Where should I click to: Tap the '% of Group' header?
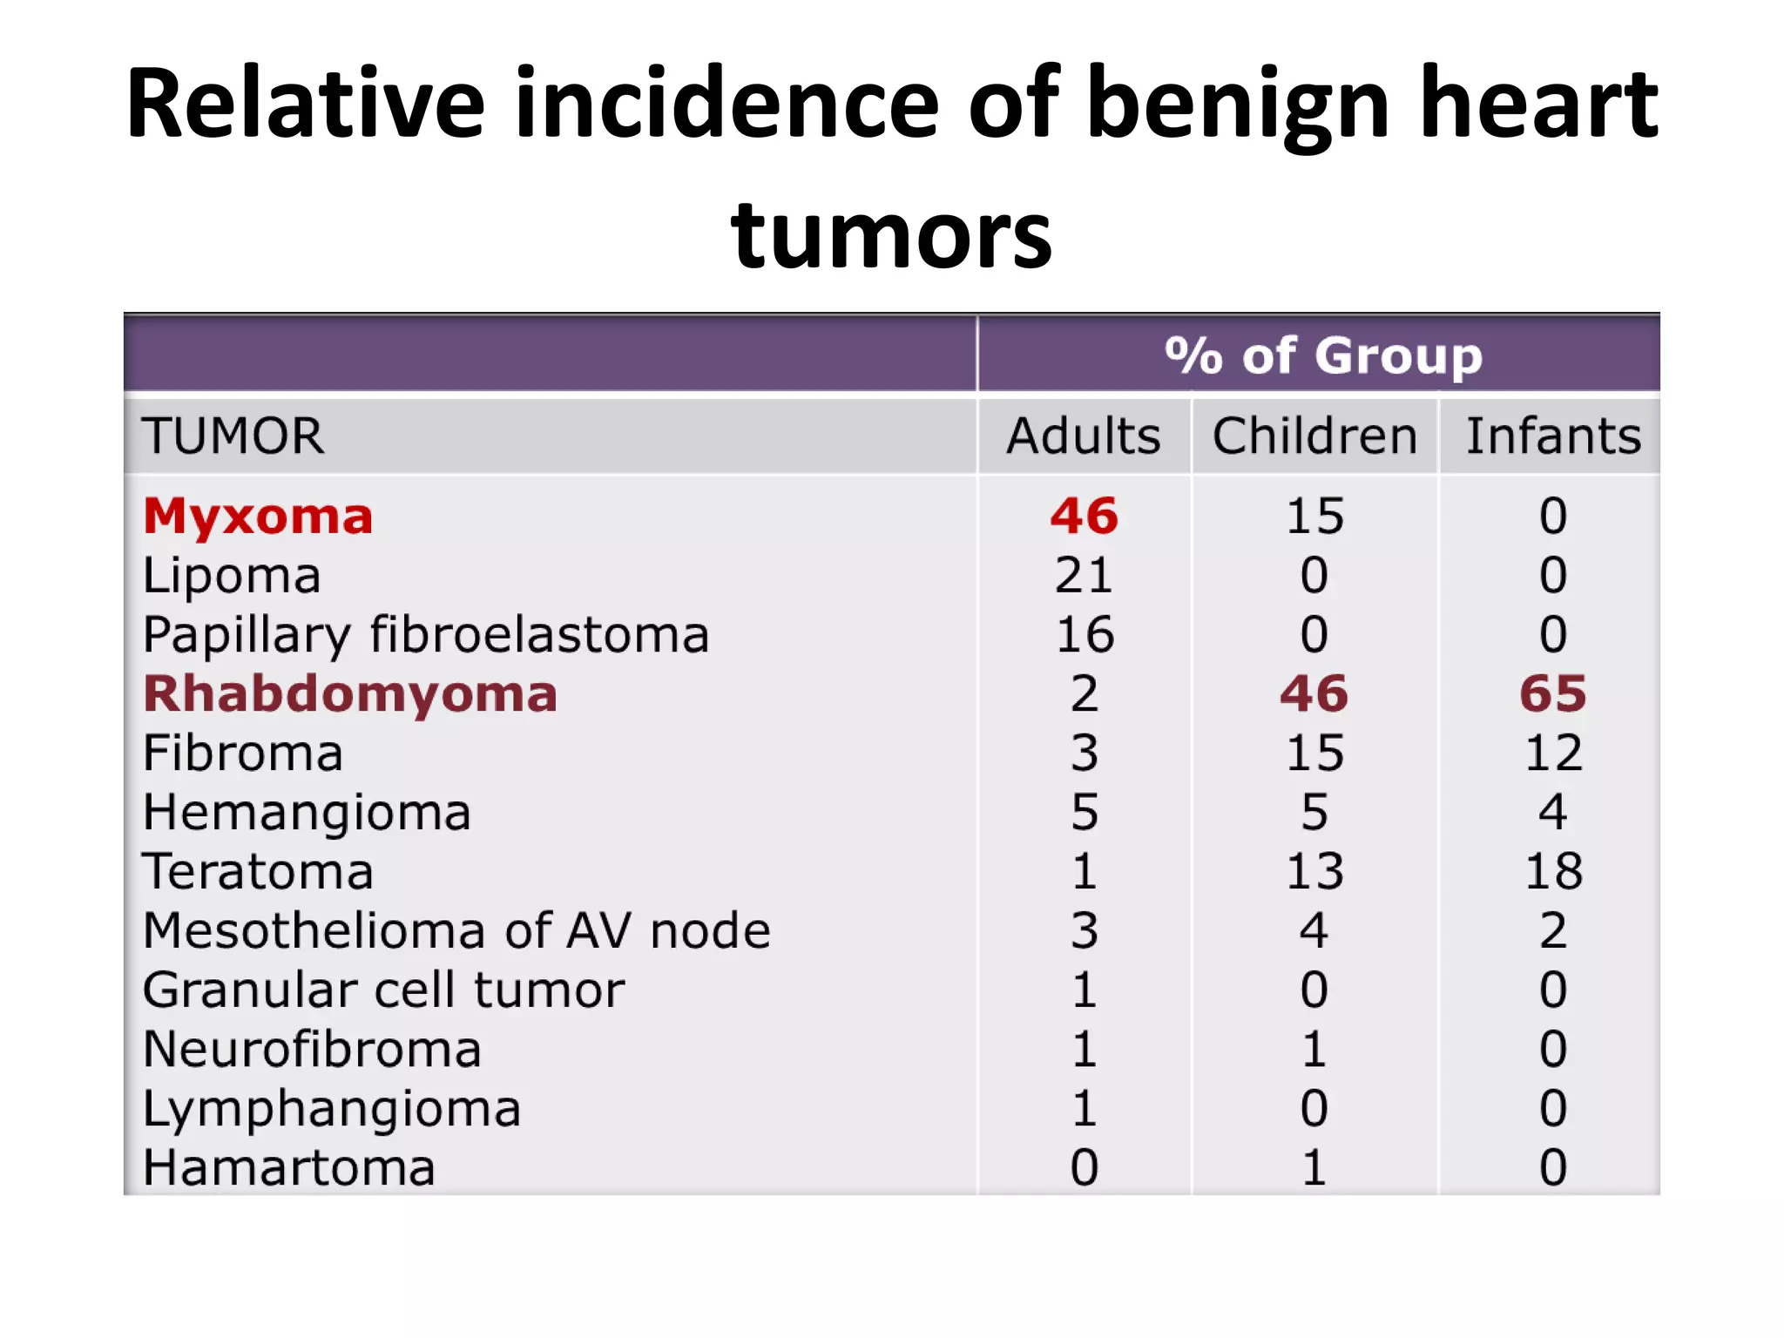click(x=1322, y=355)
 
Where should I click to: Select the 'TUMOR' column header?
click(x=233, y=436)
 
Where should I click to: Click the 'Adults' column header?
click(x=1084, y=436)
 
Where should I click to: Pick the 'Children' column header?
click(x=1314, y=436)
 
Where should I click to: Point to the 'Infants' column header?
click(x=1553, y=436)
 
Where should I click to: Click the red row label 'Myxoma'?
click(x=258, y=517)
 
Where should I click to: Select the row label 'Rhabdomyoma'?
click(x=350, y=694)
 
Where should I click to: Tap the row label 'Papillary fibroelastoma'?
click(x=426, y=634)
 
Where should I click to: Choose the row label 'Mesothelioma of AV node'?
click(x=456, y=930)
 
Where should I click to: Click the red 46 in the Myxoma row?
click(x=1084, y=516)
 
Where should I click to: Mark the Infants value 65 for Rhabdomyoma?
click(x=1553, y=694)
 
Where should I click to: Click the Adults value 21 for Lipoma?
click(x=1084, y=575)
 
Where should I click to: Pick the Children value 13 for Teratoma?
click(x=1314, y=871)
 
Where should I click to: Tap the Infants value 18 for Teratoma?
click(x=1553, y=871)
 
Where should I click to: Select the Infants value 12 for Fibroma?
click(x=1553, y=753)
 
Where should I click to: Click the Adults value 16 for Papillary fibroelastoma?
click(x=1084, y=634)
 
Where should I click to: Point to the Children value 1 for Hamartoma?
click(x=1314, y=1167)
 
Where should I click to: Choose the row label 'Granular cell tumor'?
click(x=383, y=990)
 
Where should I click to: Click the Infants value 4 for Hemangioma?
click(x=1553, y=812)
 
